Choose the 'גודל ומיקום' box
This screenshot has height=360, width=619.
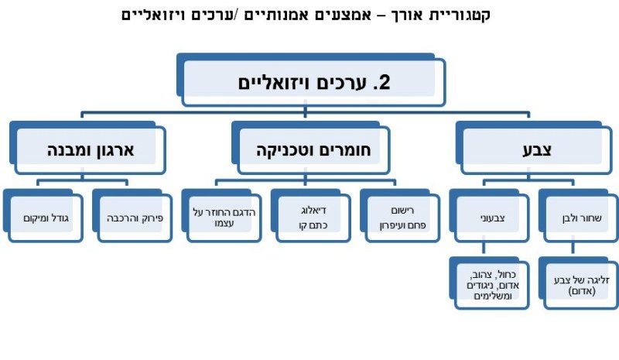pyautogui.click(x=43, y=218)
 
